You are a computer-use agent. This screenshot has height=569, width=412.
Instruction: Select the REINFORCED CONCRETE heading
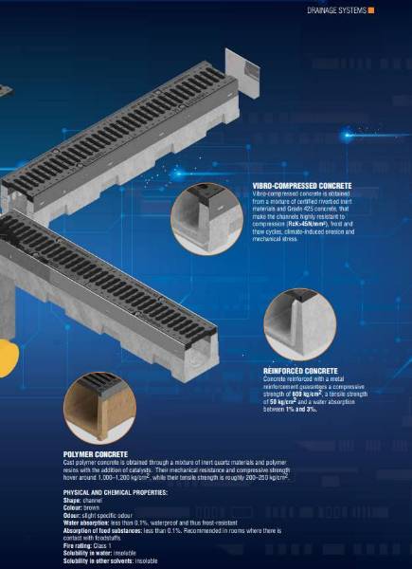coord(300,370)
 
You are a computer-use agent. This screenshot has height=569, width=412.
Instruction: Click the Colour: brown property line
coord(85,506)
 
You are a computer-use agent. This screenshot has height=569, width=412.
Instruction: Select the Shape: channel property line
coord(88,500)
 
